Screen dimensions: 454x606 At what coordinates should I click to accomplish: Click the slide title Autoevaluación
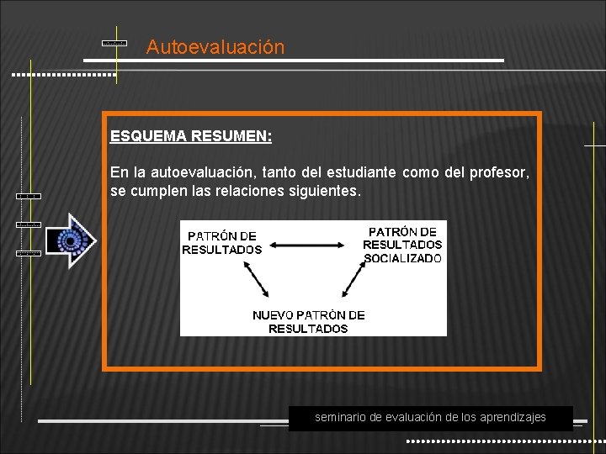click(215, 47)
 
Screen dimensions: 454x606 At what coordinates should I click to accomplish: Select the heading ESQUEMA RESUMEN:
click(190, 135)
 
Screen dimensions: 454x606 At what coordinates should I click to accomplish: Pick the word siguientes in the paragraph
click(327, 192)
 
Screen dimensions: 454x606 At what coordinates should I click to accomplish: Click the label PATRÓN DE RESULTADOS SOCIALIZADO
click(402, 245)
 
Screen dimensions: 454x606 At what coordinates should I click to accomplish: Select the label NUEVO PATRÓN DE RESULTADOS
click(308, 322)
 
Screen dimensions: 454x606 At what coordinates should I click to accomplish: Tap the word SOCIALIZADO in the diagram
click(402, 258)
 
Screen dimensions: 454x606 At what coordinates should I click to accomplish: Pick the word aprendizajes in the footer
click(513, 417)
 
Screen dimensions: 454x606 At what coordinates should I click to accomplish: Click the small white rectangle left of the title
click(114, 41)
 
